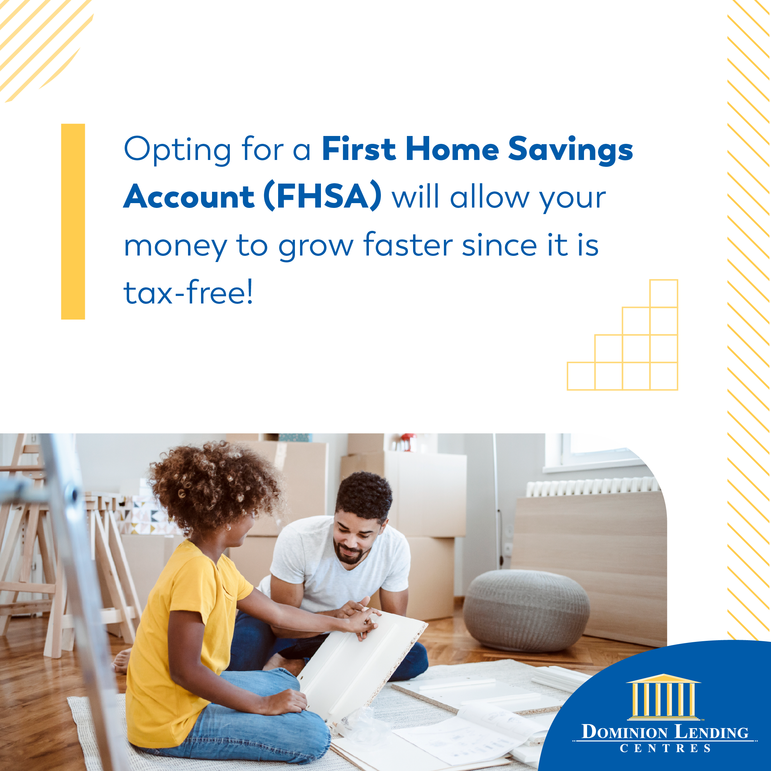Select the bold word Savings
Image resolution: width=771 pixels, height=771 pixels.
click(571, 150)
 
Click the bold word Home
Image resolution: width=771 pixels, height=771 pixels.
click(452, 148)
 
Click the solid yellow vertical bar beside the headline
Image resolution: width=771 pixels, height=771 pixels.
click(73, 222)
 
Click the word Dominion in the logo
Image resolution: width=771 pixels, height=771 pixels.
click(624, 732)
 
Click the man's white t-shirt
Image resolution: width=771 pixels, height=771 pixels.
click(339, 567)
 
